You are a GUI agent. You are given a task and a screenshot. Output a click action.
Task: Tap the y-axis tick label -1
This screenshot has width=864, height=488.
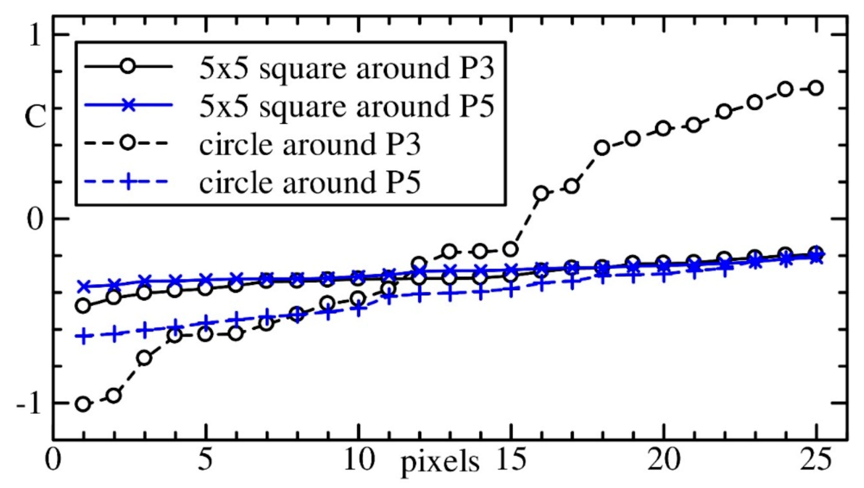26,403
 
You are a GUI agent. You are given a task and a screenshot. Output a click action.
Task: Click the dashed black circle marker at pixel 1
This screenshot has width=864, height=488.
83,404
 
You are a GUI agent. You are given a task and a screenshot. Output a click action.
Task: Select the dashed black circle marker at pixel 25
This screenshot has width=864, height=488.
816,88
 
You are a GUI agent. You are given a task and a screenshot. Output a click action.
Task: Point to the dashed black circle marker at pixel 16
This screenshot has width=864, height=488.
540,193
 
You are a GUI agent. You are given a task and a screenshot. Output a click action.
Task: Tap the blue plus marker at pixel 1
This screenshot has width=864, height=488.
83,336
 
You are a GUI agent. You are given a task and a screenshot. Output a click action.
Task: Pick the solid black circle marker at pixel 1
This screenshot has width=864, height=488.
83,305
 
